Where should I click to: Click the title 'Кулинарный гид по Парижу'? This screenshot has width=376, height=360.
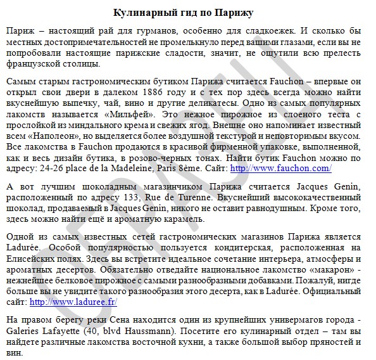187,13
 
